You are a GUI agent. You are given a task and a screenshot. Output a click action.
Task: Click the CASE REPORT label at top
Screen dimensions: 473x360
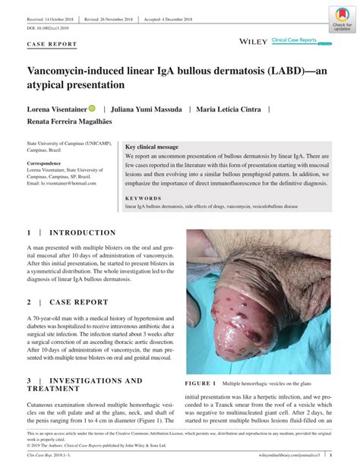click(52, 45)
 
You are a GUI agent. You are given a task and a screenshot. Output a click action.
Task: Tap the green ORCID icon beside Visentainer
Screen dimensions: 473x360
click(93, 109)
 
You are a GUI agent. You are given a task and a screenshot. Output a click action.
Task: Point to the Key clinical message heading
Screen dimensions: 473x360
click(152, 146)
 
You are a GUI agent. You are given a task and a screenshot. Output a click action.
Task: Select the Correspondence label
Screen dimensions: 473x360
click(45, 163)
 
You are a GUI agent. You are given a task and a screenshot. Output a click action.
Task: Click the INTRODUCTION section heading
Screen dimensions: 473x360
click(82, 233)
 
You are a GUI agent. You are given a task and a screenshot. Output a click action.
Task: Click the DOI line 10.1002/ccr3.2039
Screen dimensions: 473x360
click(49, 28)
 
